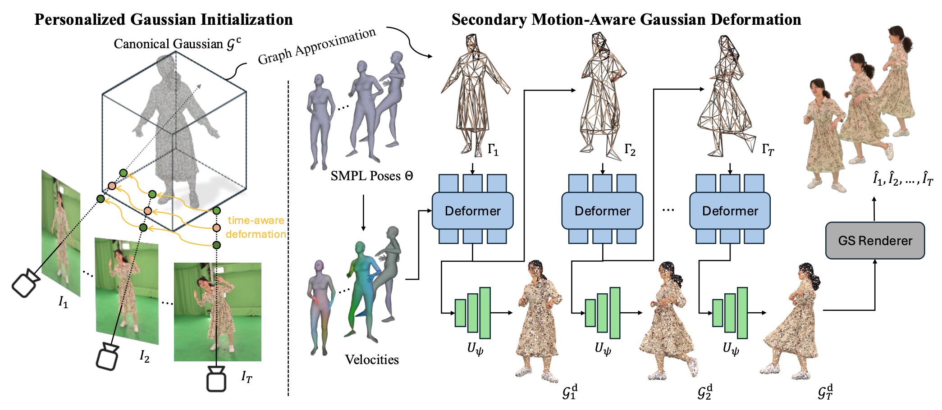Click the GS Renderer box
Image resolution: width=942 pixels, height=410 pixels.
click(874, 241)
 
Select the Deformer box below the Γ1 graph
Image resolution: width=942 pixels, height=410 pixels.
click(472, 211)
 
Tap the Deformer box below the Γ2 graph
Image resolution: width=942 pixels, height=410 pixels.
click(602, 211)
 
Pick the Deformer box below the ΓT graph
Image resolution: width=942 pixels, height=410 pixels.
click(730, 211)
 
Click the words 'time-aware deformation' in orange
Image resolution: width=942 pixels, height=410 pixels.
click(256, 227)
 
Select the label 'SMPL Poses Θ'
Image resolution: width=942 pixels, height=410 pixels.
click(371, 176)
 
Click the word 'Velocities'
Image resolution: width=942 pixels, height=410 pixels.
click(372, 360)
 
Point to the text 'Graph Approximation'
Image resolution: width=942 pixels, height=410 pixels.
click(316, 46)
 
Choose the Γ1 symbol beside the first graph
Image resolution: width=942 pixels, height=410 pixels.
click(493, 149)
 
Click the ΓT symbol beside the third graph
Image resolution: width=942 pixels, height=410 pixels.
click(768, 149)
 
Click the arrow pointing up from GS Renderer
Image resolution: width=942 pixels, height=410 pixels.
click(874, 209)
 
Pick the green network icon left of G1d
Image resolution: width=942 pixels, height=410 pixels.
click(472, 313)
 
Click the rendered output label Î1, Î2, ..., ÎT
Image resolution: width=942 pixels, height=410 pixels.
click(903, 179)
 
